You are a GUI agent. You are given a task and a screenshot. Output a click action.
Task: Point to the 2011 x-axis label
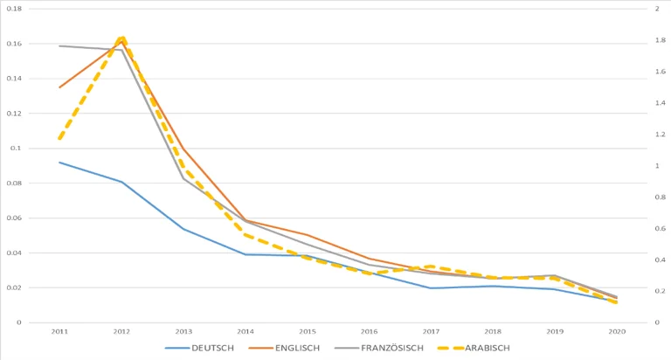(x=59, y=332)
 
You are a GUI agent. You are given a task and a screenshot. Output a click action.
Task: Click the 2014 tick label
(x=246, y=332)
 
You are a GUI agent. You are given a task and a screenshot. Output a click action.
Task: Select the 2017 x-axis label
(x=432, y=332)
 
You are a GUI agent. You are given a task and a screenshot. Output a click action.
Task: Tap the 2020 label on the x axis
(x=617, y=332)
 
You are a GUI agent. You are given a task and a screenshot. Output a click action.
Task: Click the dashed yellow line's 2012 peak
(x=122, y=38)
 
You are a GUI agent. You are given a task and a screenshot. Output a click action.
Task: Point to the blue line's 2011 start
(x=59, y=162)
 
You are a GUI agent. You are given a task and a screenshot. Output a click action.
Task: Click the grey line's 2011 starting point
(x=59, y=45)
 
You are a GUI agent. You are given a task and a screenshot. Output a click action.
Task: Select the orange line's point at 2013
(x=183, y=149)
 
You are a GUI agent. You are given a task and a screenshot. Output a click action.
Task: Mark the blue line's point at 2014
(x=246, y=254)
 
